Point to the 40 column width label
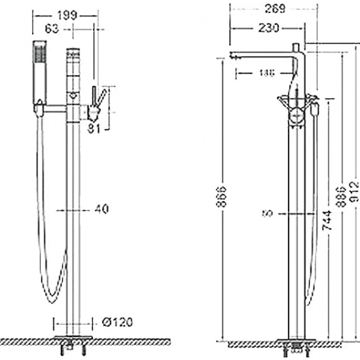tap(101, 209)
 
